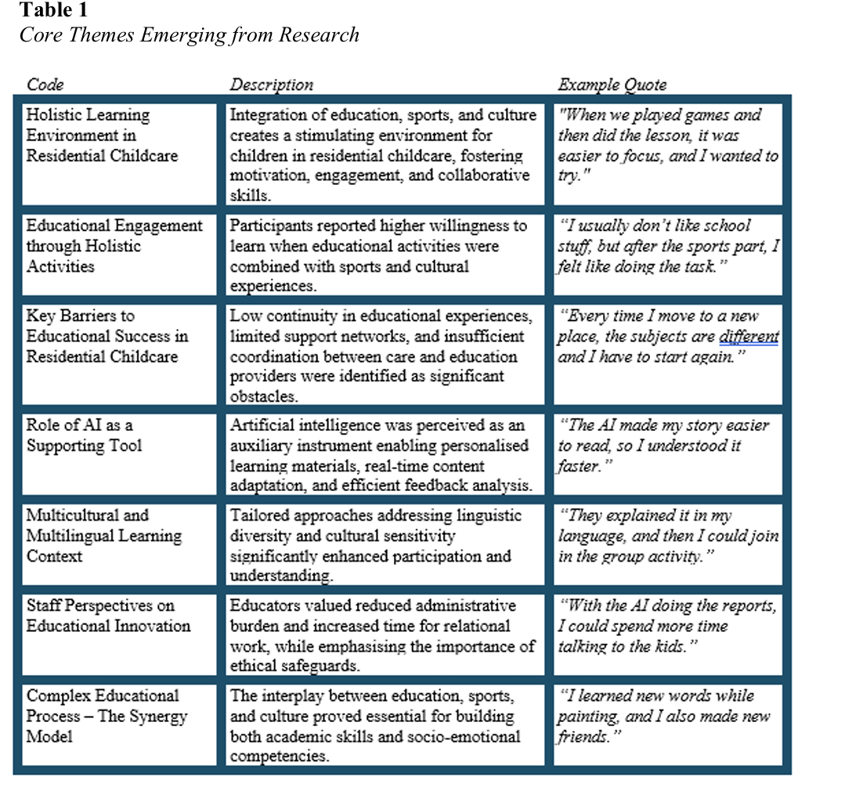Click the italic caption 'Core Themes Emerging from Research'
point(190,35)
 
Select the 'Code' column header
point(45,85)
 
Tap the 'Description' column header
point(271,85)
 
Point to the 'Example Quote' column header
point(612,85)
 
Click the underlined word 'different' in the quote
point(749,337)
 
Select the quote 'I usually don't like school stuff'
point(666,246)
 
